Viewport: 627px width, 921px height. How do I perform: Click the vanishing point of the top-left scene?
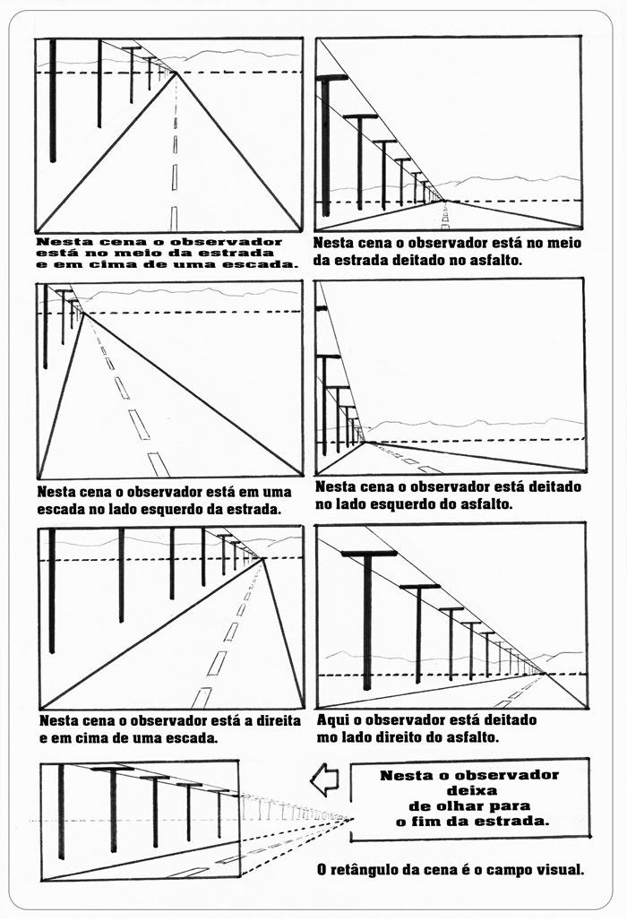point(176,73)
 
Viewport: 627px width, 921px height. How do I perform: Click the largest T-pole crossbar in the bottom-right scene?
point(368,554)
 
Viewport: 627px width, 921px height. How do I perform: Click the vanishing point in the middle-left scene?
point(82,313)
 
